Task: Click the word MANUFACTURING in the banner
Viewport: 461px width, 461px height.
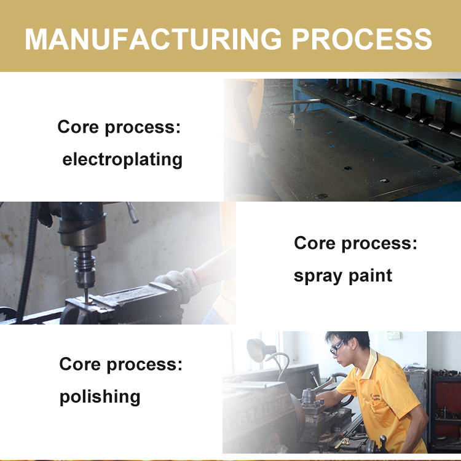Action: pos(153,39)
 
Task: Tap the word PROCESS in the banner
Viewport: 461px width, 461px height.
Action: pos(361,39)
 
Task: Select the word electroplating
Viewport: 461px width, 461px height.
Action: pos(122,160)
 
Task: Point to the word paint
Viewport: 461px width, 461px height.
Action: pos(370,275)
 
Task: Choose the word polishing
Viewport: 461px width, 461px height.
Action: pos(100,396)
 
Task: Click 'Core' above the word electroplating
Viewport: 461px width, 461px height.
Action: pos(78,127)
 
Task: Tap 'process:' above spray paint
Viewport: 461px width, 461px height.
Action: pos(379,244)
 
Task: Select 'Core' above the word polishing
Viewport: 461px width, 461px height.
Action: pos(80,364)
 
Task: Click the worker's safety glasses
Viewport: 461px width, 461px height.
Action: pos(337,347)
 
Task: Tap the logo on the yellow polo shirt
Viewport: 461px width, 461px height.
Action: pos(376,397)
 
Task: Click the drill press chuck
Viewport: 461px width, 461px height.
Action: pos(85,269)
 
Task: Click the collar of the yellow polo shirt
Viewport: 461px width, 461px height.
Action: pos(371,364)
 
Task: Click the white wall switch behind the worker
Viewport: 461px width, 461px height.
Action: pos(393,335)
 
